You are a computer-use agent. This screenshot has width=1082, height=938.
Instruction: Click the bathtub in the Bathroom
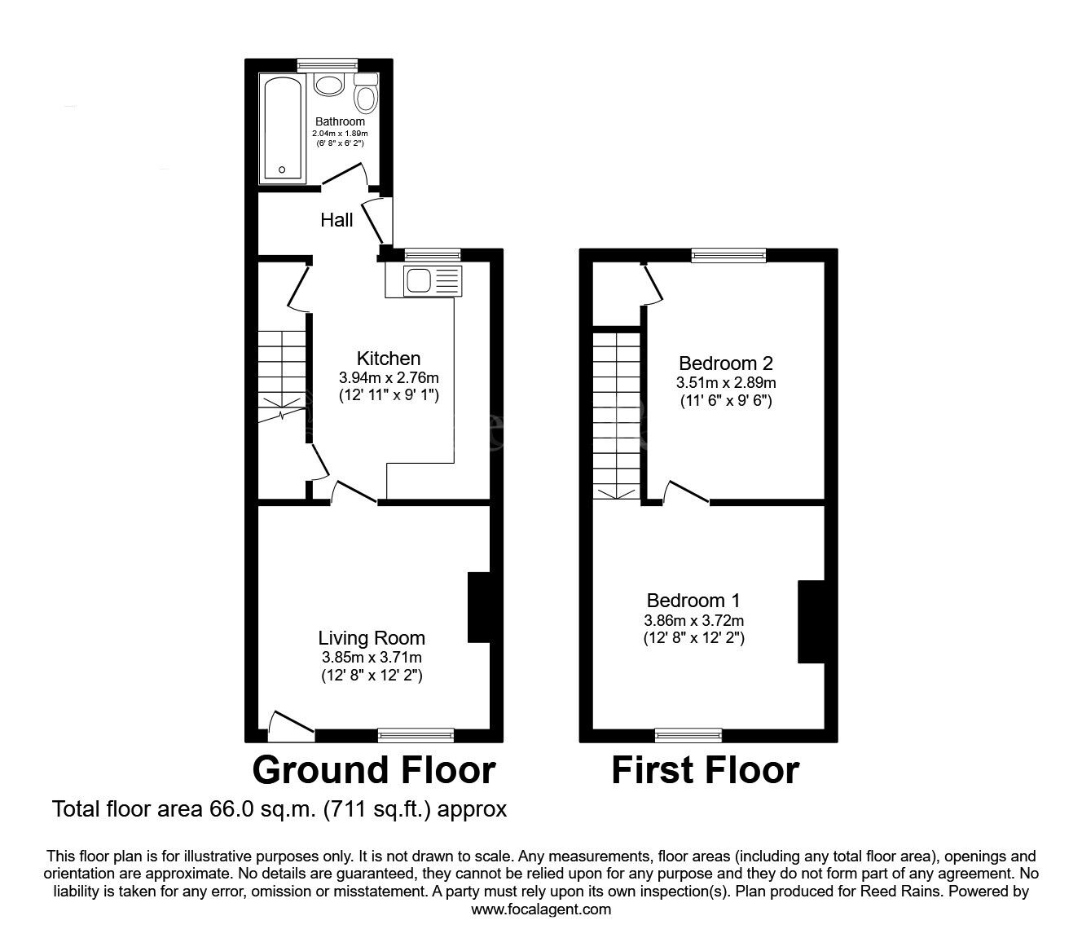coord(282,129)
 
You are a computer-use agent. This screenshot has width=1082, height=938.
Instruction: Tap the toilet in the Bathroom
coord(366,95)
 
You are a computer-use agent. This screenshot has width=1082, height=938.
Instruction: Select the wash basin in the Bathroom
coord(329,86)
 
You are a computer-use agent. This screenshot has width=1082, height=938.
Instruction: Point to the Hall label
coord(336,220)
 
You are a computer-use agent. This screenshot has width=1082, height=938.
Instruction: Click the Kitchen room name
coord(389,359)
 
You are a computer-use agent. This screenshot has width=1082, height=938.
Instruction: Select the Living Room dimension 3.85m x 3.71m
coord(372,657)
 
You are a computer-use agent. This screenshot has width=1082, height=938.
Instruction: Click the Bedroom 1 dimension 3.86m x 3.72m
coord(693,620)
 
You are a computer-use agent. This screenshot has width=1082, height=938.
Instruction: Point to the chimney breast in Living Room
coord(478,607)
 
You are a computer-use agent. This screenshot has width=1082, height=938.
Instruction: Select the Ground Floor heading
coord(373,770)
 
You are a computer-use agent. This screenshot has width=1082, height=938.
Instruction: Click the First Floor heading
coord(705,770)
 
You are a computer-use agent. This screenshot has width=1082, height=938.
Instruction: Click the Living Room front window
coord(416,735)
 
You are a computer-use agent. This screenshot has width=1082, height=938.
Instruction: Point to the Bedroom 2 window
coord(728,256)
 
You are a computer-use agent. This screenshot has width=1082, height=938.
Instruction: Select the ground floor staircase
coord(282,371)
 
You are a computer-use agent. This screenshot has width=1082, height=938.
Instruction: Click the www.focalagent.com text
coord(541,909)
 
